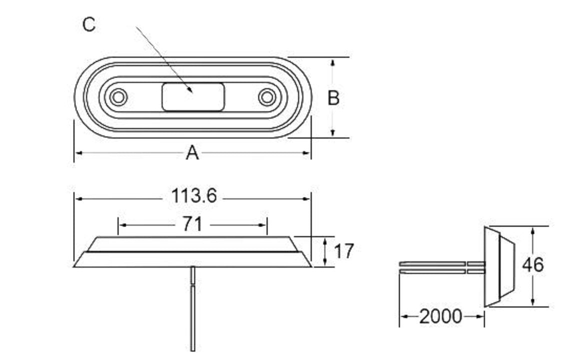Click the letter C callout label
click(88, 24)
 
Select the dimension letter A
click(192, 153)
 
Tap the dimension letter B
click(333, 98)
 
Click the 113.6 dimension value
click(194, 196)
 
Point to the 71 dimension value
click(192, 225)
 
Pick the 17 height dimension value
click(343, 251)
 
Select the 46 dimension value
click(532, 264)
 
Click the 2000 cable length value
click(440, 316)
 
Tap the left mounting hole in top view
click(118, 96)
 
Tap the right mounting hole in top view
click(267, 96)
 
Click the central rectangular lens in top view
click(193, 97)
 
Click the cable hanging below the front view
click(192, 310)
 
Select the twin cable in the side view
click(440, 267)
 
